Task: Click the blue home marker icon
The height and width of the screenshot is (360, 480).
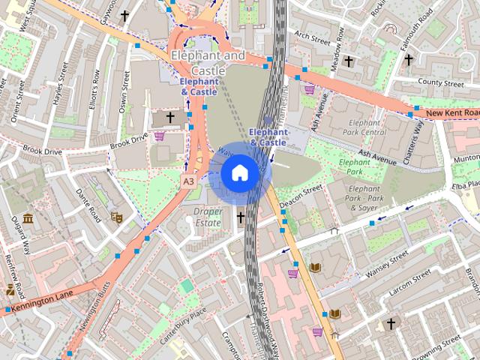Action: tap(239, 173)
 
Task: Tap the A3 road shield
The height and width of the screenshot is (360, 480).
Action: tap(189, 181)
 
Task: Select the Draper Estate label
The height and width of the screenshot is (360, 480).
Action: tap(208, 217)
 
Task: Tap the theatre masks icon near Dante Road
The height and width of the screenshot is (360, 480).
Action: tap(116, 217)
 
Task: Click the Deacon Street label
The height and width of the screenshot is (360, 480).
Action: tap(300, 197)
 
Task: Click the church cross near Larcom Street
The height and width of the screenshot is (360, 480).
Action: tap(391, 323)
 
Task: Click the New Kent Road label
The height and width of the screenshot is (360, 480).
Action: tap(451, 113)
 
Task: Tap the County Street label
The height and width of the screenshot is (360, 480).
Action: tap(442, 82)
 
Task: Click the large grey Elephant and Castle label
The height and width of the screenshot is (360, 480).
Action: tap(208, 62)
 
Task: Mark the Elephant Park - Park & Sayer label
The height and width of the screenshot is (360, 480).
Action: tap(364, 198)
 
